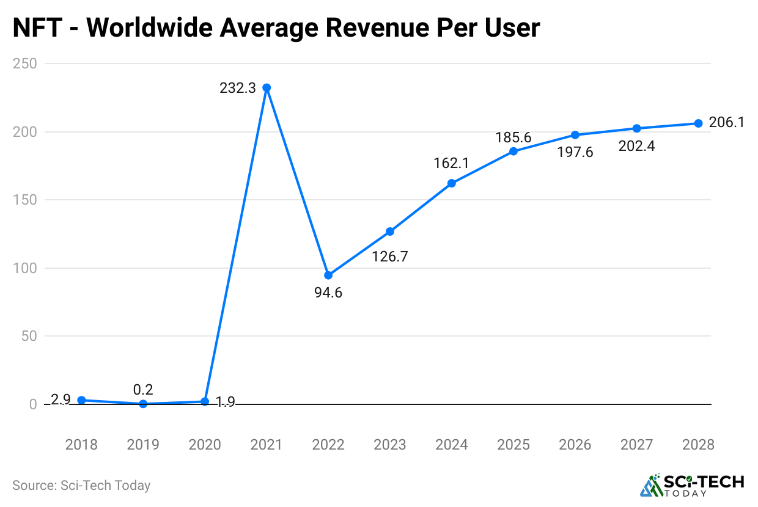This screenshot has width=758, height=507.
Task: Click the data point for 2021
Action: tap(267, 88)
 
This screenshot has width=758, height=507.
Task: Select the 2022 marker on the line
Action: tap(328, 275)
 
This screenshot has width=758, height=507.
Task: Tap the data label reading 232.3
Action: tap(238, 88)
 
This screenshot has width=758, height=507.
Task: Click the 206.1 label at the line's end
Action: tap(727, 123)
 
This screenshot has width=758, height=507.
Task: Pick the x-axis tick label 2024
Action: tap(452, 445)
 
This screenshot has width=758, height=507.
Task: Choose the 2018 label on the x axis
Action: tap(81, 445)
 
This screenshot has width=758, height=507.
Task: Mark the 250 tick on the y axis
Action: tap(24, 64)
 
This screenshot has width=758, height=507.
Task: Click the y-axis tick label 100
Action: tap(24, 268)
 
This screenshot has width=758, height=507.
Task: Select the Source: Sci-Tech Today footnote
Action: tap(81, 486)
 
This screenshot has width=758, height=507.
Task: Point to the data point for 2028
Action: tap(698, 123)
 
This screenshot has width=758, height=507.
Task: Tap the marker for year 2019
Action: tap(143, 404)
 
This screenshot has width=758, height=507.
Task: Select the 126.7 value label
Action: tap(389, 256)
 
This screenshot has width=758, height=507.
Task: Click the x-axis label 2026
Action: tap(575, 445)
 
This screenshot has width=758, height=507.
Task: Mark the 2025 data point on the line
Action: tap(513, 151)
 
